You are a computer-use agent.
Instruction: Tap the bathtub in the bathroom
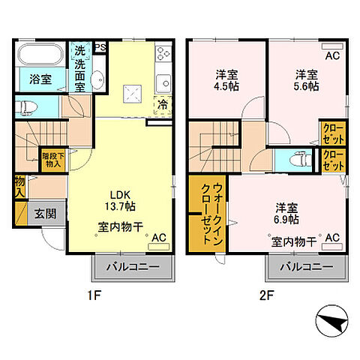coord(41,56)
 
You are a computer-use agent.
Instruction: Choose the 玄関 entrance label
coord(44,212)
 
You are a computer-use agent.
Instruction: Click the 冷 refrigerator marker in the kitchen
coord(161,105)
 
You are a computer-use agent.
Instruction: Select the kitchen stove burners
coord(163,54)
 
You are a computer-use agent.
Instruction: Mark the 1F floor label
coord(92,295)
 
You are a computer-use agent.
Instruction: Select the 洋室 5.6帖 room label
coord(304,80)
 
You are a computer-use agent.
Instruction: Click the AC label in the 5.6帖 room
coord(330,55)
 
